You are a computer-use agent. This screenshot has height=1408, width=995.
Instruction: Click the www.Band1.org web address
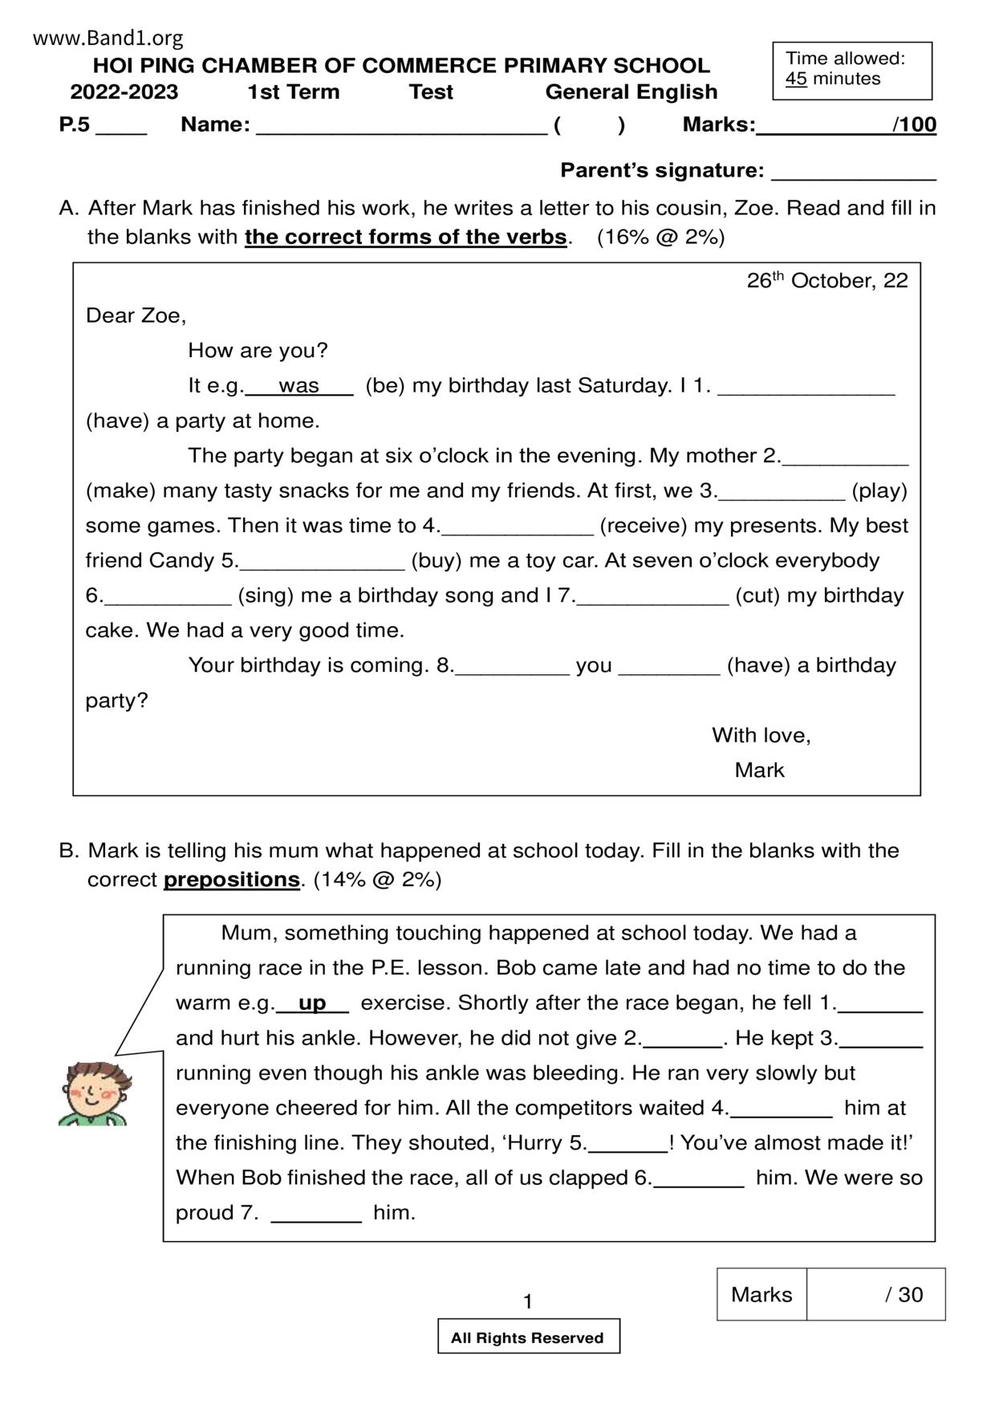tap(108, 38)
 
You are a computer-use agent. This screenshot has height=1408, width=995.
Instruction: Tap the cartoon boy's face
tap(95, 1089)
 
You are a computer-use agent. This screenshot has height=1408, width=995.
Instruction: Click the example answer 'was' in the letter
tap(298, 386)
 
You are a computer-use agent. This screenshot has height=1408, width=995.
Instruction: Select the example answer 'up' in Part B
tap(312, 1003)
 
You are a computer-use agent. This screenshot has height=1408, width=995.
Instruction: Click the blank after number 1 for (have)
tap(806, 389)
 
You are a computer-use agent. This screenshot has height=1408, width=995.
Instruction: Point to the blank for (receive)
tap(518, 528)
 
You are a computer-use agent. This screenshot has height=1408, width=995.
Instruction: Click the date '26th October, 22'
tap(826, 280)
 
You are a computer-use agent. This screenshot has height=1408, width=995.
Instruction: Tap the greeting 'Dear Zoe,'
tap(136, 315)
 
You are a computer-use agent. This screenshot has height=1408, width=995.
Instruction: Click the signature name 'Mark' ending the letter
tap(759, 770)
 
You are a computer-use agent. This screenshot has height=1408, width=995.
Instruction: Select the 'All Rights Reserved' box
tap(528, 1337)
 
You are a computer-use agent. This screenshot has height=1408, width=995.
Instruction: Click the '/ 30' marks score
tap(904, 1294)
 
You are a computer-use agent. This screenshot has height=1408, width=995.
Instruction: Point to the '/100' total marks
tap(914, 124)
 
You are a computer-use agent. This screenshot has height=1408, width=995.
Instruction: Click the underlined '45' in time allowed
tap(796, 79)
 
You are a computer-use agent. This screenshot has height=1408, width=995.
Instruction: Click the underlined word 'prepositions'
tap(231, 880)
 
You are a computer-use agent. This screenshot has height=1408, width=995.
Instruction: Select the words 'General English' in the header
tap(632, 92)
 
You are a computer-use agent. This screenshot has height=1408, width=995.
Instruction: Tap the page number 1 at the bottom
tap(527, 1301)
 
